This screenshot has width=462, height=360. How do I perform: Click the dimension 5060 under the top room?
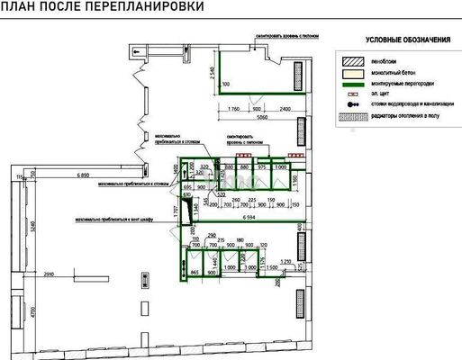[261, 117]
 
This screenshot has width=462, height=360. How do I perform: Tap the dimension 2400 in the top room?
[285, 109]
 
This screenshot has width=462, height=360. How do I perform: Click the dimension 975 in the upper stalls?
[262, 166]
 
